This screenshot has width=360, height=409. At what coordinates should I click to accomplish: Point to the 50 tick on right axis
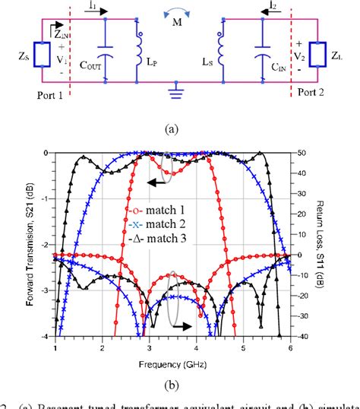pyautogui.click(x=302, y=153)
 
